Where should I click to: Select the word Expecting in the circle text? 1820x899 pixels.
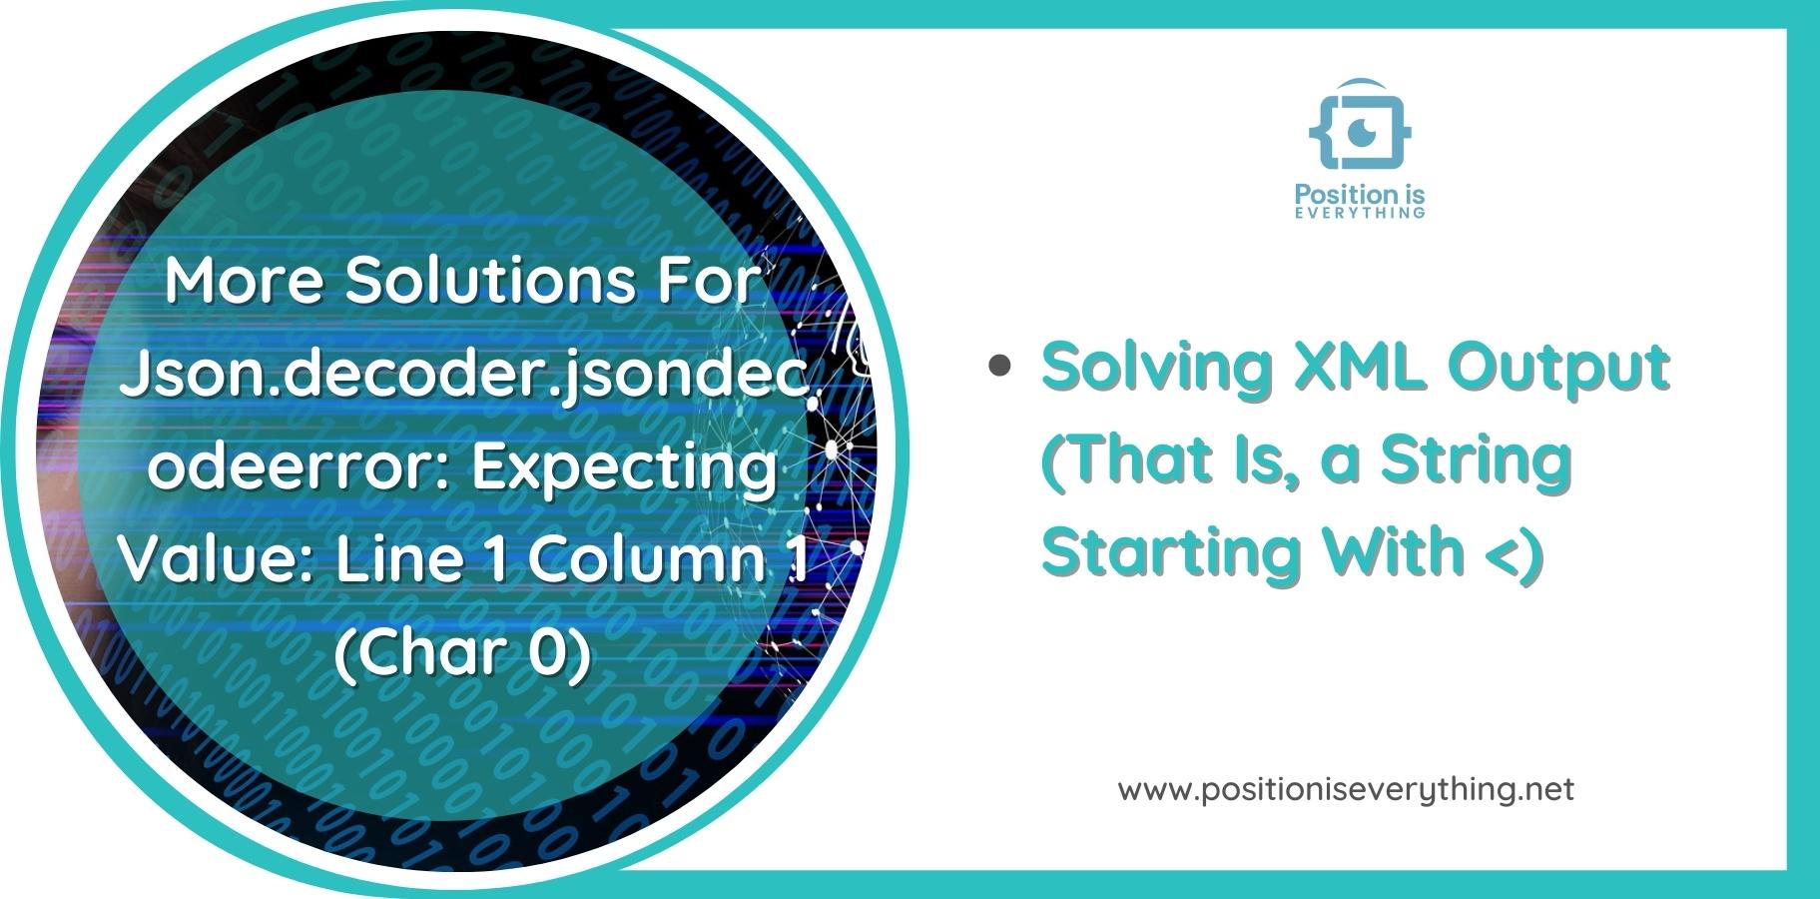624,465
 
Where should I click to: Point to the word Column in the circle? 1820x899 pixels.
646,558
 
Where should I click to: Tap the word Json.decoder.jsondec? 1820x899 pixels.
463,374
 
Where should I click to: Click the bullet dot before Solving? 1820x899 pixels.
998,366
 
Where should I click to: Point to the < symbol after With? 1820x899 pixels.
1502,551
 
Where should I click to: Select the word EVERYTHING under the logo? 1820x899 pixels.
1359,213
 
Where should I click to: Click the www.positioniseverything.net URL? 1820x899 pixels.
1346,790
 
